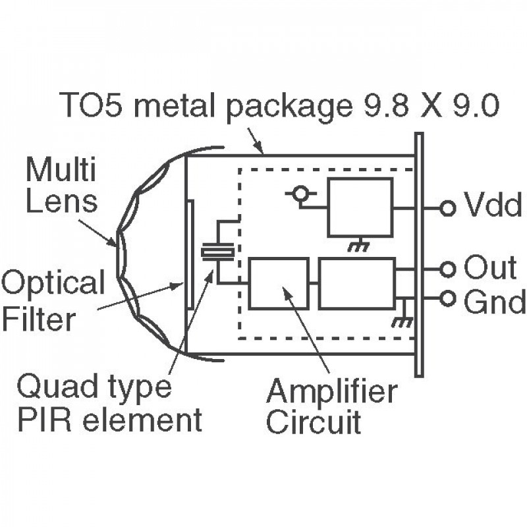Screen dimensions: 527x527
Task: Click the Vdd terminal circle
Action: [x=448, y=208]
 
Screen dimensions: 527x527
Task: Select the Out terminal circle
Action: [x=448, y=269]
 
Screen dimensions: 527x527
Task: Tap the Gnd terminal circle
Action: [x=448, y=298]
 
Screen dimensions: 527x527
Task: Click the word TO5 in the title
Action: [x=86, y=105]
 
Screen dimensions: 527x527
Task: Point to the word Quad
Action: [x=52, y=387]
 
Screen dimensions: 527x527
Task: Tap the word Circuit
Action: [x=314, y=422]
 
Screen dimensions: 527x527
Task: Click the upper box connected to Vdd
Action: [x=360, y=207]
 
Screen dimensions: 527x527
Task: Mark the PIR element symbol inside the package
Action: [x=217, y=252]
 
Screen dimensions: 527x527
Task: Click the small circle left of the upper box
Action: [x=301, y=194]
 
